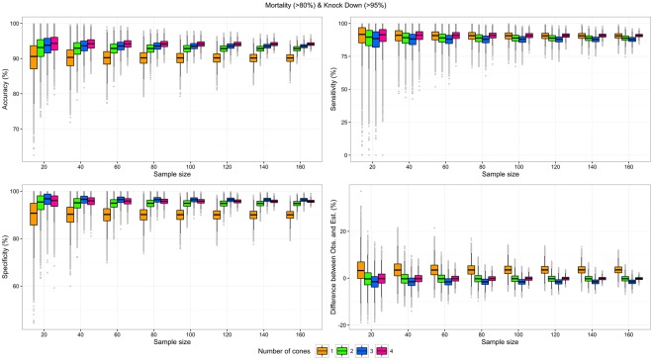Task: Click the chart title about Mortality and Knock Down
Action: pos(326,6)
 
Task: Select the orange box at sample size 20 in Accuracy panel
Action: pos(34,56)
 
